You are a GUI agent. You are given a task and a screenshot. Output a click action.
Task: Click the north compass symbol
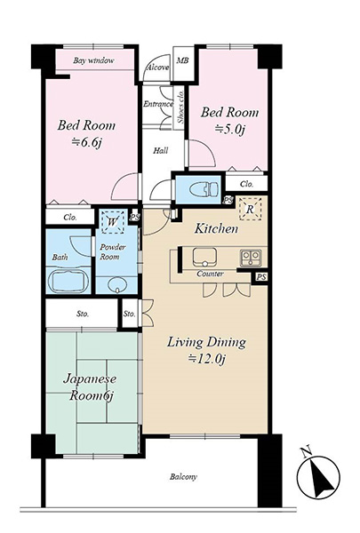coord(318,475)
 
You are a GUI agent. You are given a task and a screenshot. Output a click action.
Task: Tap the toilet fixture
coord(204,188)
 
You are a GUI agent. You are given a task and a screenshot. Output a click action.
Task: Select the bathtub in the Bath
coord(68,281)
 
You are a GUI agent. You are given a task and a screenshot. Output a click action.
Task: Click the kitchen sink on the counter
coord(204,258)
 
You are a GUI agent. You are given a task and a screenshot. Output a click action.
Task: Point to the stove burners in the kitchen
coord(251,258)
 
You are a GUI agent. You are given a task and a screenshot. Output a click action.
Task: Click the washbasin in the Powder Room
coord(117,284)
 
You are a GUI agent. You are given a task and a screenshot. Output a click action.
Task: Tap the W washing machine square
coord(112,222)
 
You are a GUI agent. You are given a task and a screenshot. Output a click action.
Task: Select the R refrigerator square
coord(250,209)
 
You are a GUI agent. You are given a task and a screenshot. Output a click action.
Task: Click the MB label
coord(182,60)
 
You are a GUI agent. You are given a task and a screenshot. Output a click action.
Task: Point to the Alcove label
coord(157,68)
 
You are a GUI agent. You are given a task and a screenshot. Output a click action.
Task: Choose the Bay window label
coord(93,60)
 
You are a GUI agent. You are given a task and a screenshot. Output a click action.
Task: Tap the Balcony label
coord(183,477)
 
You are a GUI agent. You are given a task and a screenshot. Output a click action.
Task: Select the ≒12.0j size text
coord(207,359)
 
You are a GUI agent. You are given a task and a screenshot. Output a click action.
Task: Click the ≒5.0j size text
coord(229,130)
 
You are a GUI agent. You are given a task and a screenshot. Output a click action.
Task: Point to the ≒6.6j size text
coord(87,142)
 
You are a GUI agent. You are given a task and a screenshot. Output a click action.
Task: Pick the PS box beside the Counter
coord(261,277)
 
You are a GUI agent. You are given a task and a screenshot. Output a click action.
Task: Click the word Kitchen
coord(216,229)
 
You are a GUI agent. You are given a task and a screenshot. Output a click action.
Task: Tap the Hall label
coord(160,150)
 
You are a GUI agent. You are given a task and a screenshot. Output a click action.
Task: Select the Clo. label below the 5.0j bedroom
coord(247,184)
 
